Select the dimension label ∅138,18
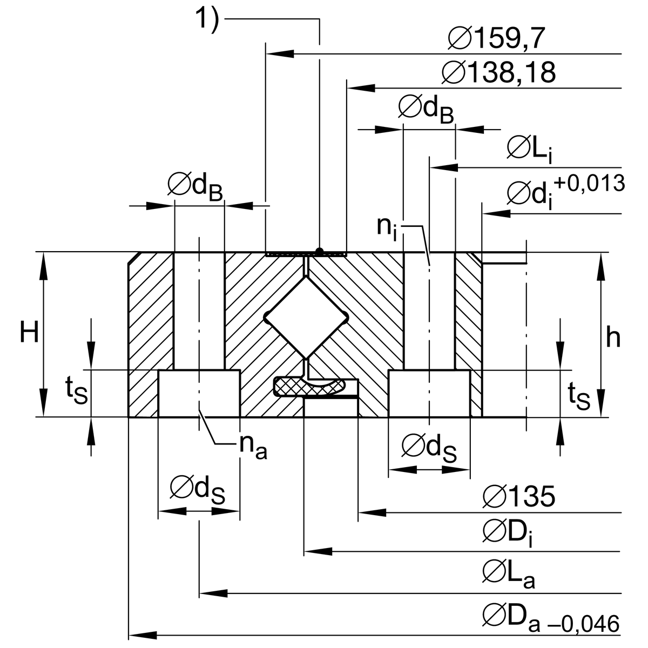pos(498,72)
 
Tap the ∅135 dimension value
pos(518,497)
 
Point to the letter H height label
pos(29,333)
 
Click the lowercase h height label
pos(613,338)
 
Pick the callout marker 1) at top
pos(207,19)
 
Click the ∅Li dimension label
pos(529,149)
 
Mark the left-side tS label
pos(76,392)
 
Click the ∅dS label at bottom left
pos(198,489)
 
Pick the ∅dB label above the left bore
pos(195,187)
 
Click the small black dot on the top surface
pos(320,251)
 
